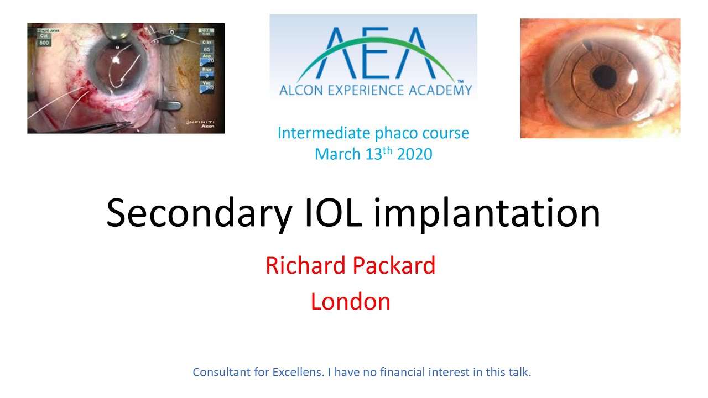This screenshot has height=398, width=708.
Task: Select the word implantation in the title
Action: [487, 214]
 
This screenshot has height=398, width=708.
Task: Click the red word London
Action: [351, 301]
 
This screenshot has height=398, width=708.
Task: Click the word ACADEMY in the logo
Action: [442, 90]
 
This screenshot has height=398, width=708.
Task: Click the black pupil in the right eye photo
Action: [603, 75]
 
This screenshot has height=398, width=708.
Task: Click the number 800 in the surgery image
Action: [44, 42]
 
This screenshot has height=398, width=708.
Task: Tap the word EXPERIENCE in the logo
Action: [365, 90]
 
